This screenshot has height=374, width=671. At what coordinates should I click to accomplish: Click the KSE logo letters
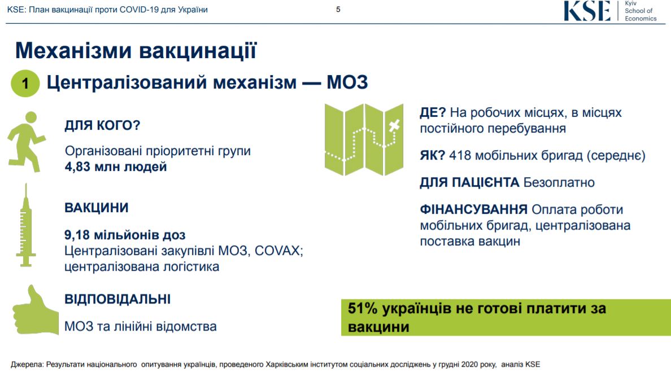tap(587, 11)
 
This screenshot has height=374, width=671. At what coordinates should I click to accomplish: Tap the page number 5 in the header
tap(338, 10)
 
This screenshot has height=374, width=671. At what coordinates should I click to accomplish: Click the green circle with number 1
tap(25, 83)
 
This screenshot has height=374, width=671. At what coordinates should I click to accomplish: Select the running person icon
tap(26, 142)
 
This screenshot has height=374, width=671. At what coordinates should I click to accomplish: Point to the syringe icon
tap(25, 225)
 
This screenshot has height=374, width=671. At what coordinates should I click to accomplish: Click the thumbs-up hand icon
tap(35, 310)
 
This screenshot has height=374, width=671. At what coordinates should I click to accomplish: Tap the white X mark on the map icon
tap(394, 125)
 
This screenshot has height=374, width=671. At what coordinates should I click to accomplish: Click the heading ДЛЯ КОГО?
tap(102, 125)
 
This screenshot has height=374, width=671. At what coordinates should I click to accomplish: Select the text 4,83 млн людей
tap(116, 167)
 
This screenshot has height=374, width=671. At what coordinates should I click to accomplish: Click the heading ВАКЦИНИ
tap(96, 208)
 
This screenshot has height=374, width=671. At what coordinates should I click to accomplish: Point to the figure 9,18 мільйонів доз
tap(125, 235)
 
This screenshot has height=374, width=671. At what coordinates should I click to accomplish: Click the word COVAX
tap(277, 250)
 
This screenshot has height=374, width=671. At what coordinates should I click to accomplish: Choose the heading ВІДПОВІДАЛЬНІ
tap(117, 299)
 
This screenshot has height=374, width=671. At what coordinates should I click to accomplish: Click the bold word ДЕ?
tap(433, 112)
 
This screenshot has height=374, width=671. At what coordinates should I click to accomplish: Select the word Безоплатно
tap(559, 183)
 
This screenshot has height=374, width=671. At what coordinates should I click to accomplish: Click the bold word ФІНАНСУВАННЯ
tap(473, 209)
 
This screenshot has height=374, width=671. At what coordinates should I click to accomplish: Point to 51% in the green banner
tap(363, 308)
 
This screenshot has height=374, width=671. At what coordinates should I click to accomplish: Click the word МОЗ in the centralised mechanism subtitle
tap(347, 82)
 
